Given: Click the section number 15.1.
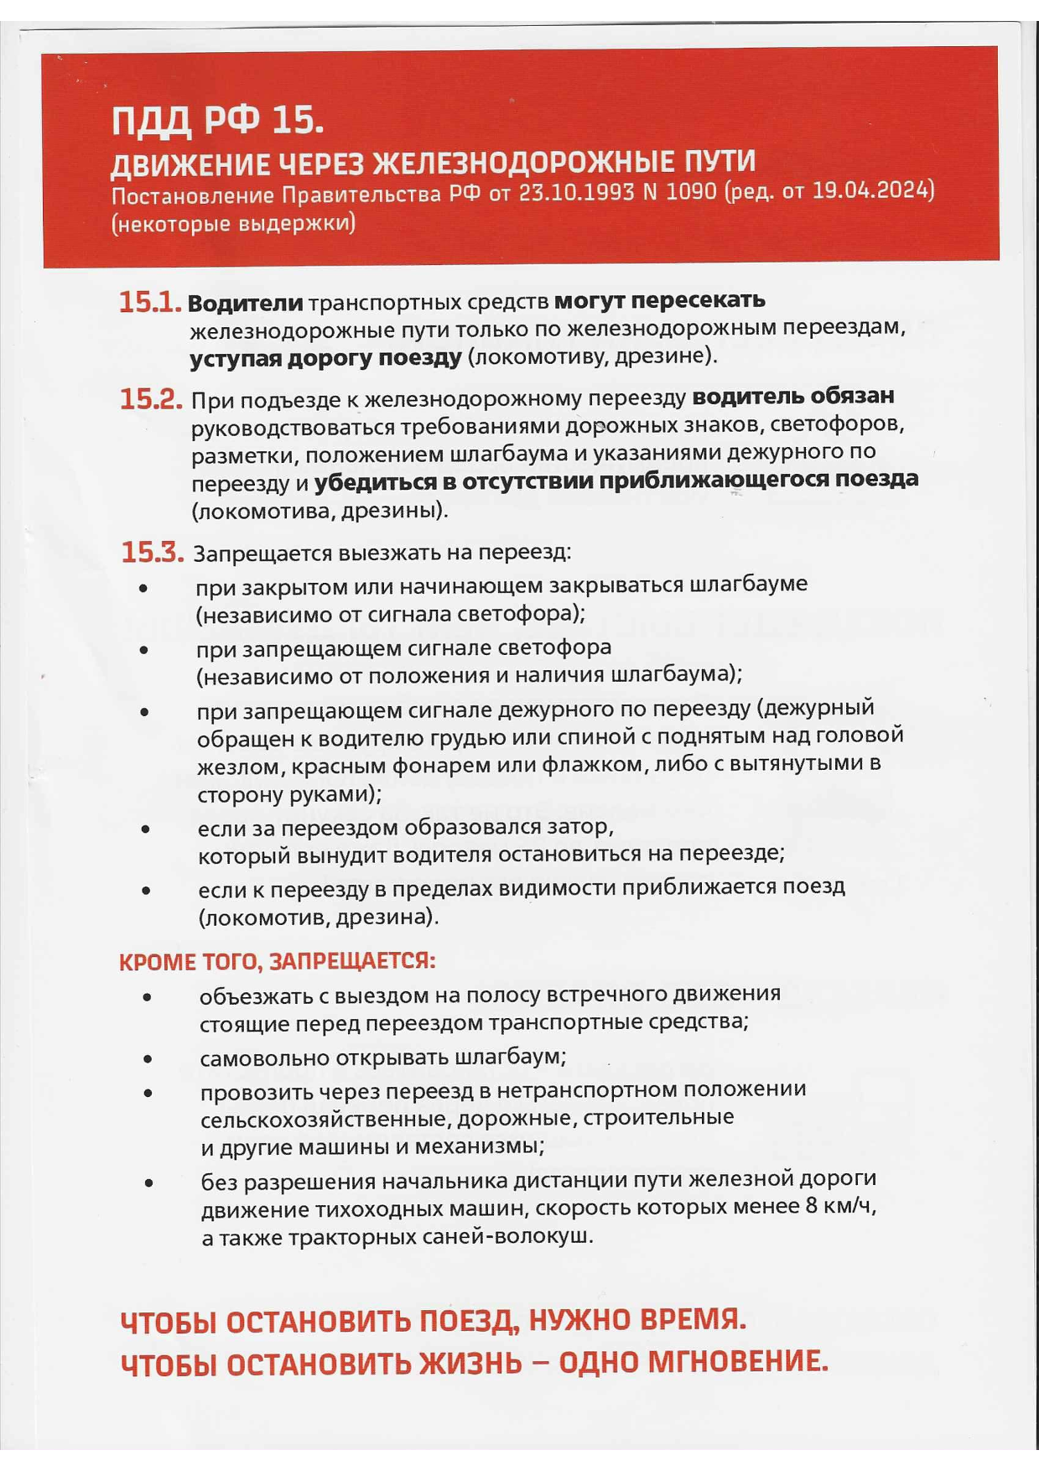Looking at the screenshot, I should pyautogui.click(x=149, y=303).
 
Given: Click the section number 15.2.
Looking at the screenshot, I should pyautogui.click(x=151, y=400).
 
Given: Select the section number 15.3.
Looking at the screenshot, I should pyautogui.click(x=152, y=553).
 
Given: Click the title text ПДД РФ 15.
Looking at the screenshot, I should pyautogui.click(x=217, y=122).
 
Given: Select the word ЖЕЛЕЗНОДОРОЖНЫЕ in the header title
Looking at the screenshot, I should pyautogui.click(x=521, y=162).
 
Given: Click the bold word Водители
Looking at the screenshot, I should pyautogui.click(x=245, y=303).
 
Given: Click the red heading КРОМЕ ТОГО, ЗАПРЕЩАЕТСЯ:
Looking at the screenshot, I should pyautogui.click(x=277, y=962).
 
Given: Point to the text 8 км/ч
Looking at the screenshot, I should pyautogui.click(x=840, y=1207).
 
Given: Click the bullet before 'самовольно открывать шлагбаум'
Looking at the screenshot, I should pyautogui.click(x=148, y=1059).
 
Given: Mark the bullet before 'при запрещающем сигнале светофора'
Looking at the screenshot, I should pyautogui.click(x=144, y=650).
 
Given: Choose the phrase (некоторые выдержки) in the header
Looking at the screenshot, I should pyautogui.click(x=233, y=224).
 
